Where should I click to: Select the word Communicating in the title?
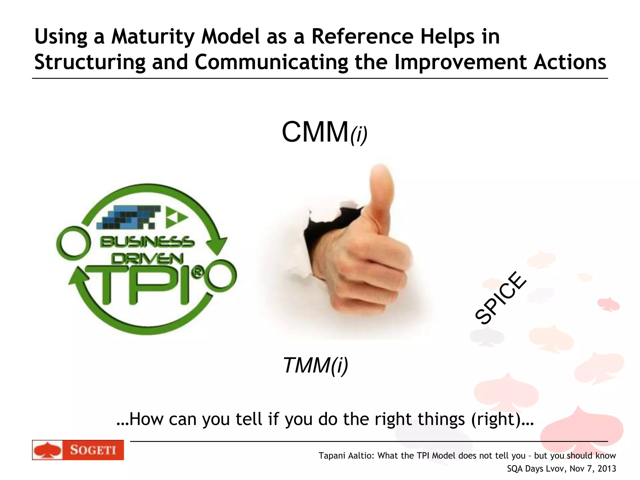point(271,62)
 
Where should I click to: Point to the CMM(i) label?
point(324,132)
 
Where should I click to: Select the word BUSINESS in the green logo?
point(147,242)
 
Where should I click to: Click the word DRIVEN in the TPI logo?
point(147,259)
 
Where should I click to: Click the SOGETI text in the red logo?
point(93,450)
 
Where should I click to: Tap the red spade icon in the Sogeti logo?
point(47,450)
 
